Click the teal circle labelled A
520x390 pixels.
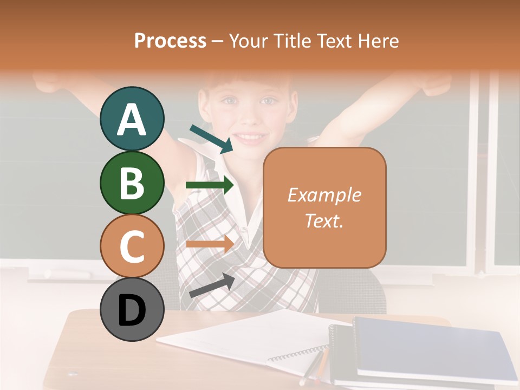[132, 119]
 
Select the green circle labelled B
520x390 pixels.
[132, 183]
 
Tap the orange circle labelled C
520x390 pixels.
[132, 246]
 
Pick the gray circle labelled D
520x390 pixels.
[132, 309]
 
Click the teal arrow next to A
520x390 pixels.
[211, 139]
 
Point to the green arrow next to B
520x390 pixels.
[210, 185]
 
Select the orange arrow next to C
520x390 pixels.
[210, 244]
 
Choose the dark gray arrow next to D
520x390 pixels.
[212, 285]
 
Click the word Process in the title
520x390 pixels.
[170, 41]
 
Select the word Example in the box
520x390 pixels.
[324, 195]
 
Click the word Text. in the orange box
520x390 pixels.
[324, 220]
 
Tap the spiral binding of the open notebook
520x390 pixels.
[298, 355]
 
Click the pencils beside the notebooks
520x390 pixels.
[314, 368]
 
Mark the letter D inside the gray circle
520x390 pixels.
[132, 310]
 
